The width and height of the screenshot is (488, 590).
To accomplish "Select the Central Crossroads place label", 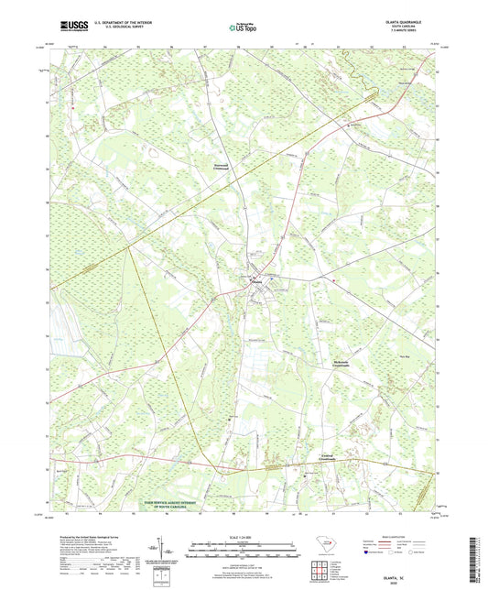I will (x=317, y=458).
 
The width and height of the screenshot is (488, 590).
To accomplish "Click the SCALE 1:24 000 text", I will (x=244, y=537).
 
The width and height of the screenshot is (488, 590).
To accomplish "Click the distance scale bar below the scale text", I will (x=244, y=550).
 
